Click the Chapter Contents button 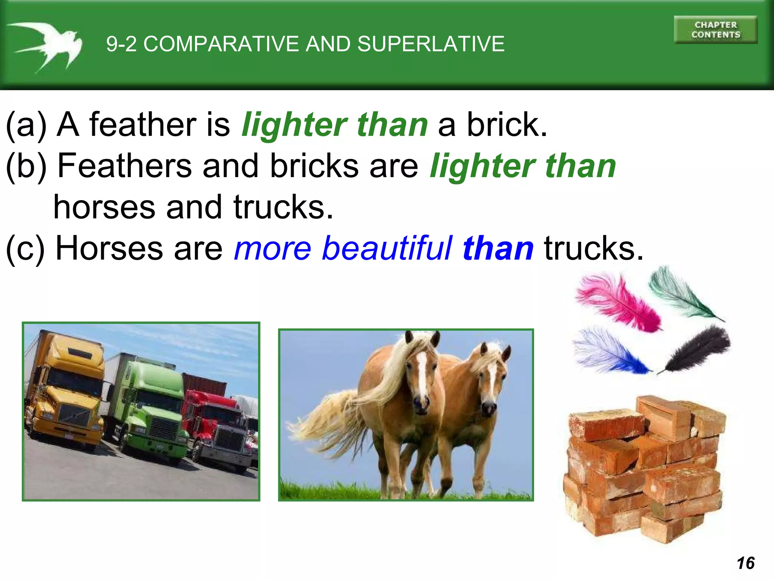coord(715,30)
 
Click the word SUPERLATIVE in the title coord(431,44)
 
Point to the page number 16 coord(745,563)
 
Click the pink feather coord(620,302)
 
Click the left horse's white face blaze coord(422,374)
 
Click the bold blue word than coord(498,248)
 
